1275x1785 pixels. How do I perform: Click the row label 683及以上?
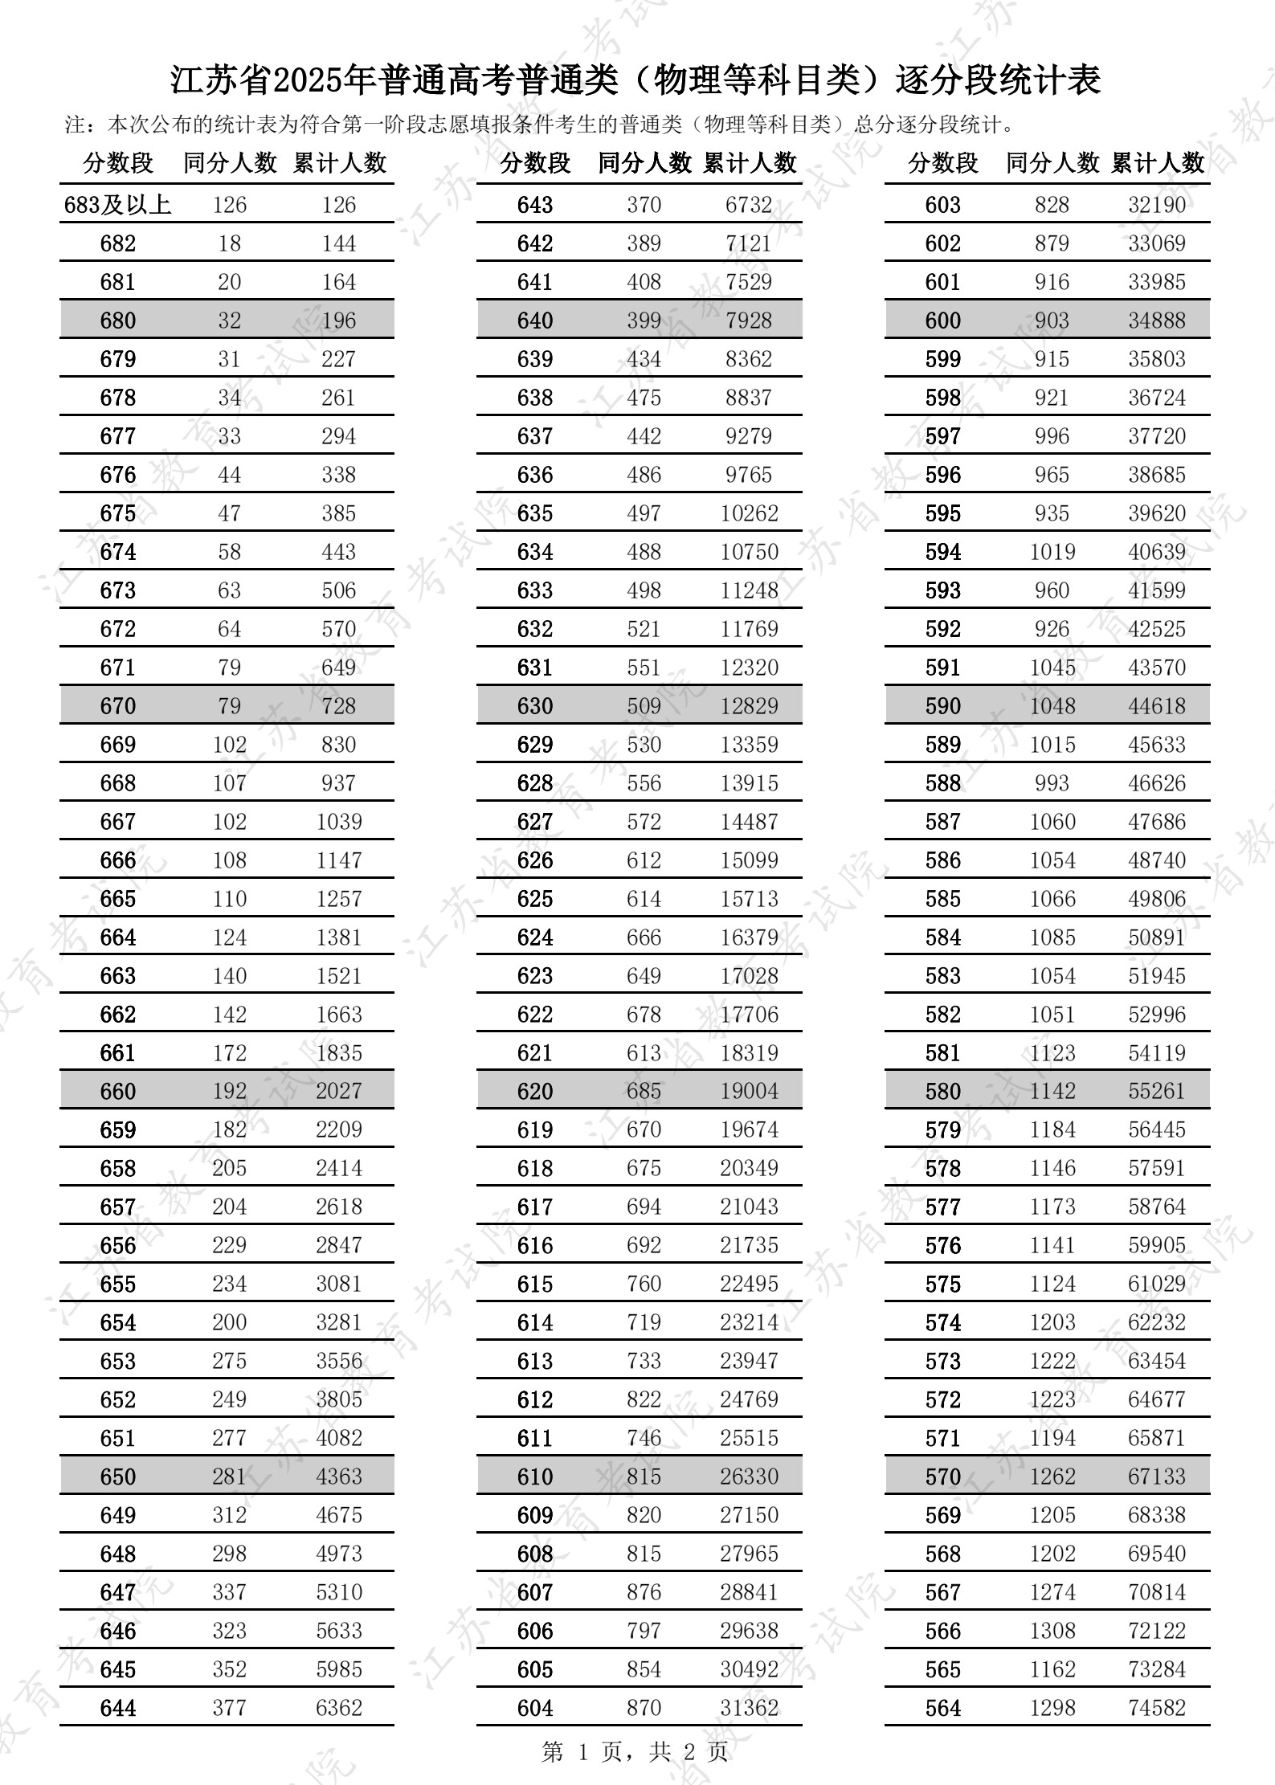pos(118,205)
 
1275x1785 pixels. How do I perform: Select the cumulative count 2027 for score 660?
pos(338,1091)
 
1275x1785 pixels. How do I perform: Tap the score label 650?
pos(118,1477)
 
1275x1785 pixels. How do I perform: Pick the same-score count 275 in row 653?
pos(229,1361)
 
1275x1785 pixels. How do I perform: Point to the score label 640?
pos(535,321)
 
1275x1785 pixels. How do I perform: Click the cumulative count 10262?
pos(749,513)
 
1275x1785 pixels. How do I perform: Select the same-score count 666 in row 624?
pos(644,937)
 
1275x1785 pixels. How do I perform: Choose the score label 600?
pos(942,321)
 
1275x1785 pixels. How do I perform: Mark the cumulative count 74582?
pos(1156,1708)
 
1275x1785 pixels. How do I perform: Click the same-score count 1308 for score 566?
pos(1052,1631)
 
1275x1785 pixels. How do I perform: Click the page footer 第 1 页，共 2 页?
pos(635,1751)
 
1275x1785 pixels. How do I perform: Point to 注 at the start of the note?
pos(75,125)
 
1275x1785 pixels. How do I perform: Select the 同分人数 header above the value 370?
pos(644,163)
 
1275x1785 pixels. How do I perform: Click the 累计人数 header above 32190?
pos(1158,163)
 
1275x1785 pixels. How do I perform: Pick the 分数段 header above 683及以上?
pos(118,163)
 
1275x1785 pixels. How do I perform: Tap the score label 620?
pos(535,1091)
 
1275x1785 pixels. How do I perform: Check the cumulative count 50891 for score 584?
pos(1156,937)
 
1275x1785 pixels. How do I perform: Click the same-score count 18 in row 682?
pos(229,243)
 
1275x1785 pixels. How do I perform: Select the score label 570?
pos(942,1477)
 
